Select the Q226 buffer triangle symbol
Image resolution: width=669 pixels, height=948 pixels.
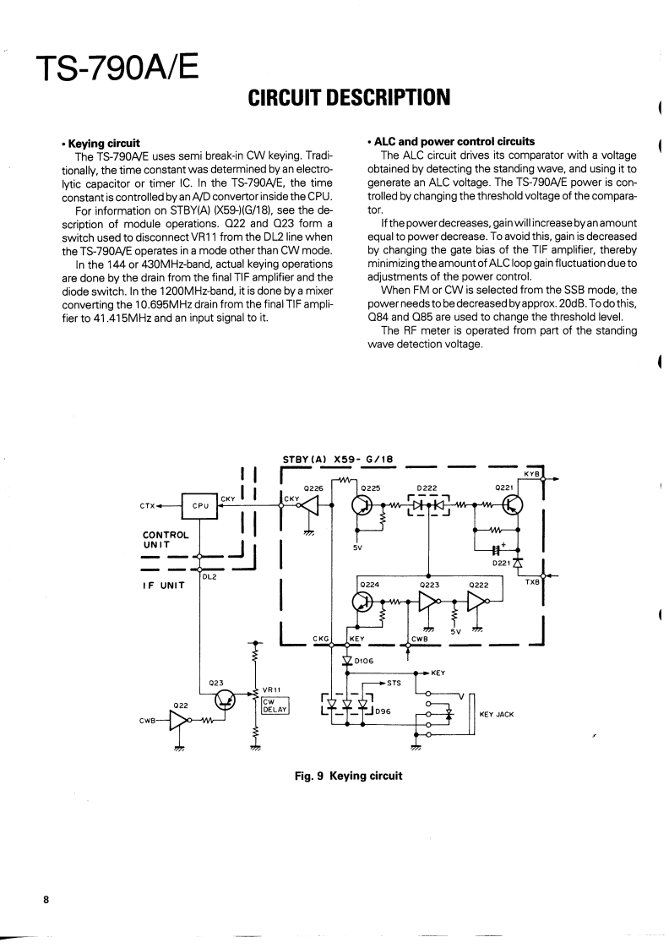[x=310, y=505]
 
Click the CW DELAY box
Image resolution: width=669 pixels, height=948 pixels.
[x=275, y=705]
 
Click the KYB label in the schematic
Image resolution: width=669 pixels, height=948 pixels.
[x=531, y=474]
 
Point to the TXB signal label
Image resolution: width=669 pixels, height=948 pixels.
[x=532, y=582]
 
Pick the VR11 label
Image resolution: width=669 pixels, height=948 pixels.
[x=272, y=689]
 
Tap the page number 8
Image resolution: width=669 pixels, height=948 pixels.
[x=47, y=898]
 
